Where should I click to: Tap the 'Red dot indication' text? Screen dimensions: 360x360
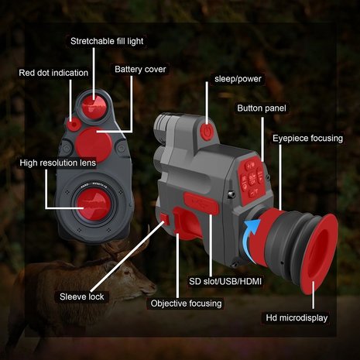[53, 73]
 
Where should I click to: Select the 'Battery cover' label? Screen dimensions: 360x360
[141, 69]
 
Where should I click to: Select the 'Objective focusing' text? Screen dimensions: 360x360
[187, 303]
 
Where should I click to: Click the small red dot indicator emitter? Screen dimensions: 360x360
[73, 125]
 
